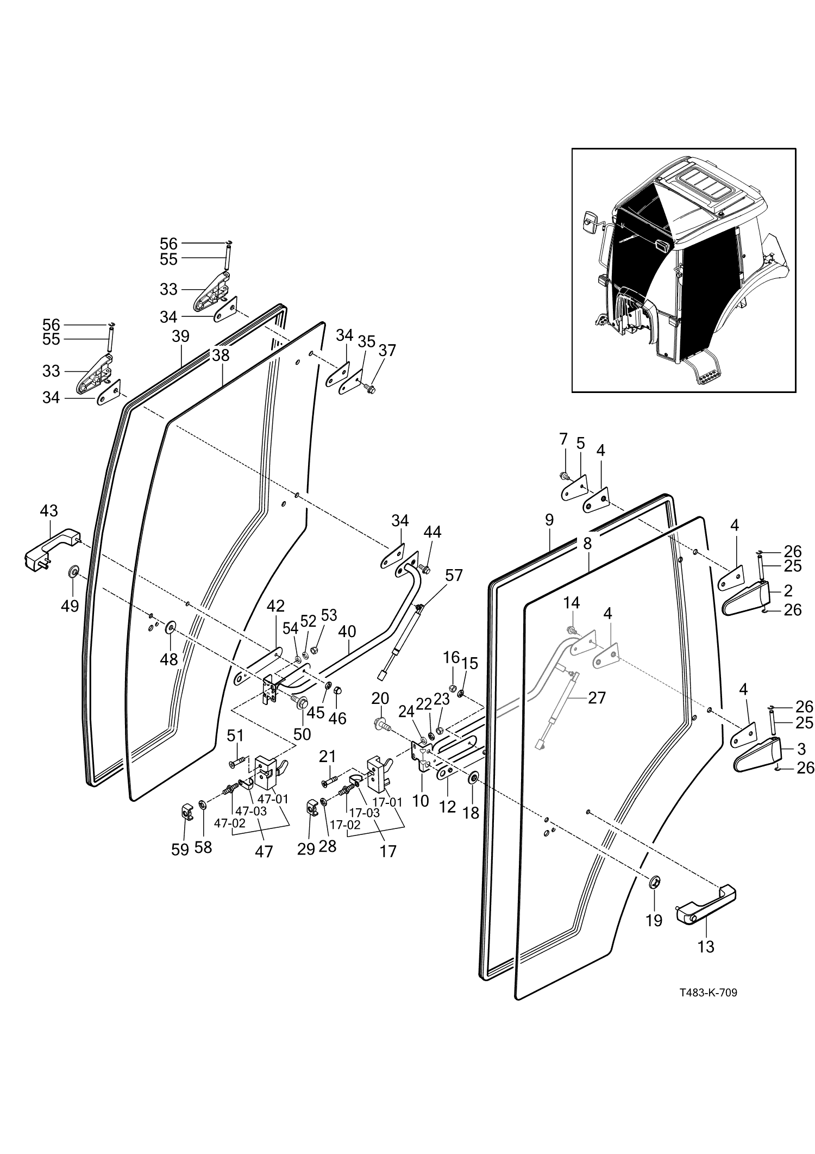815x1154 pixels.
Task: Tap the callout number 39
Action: pyautogui.click(x=180, y=336)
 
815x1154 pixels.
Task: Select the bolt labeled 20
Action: pyautogui.click(x=380, y=724)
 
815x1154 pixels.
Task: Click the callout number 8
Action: pyautogui.click(x=587, y=544)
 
